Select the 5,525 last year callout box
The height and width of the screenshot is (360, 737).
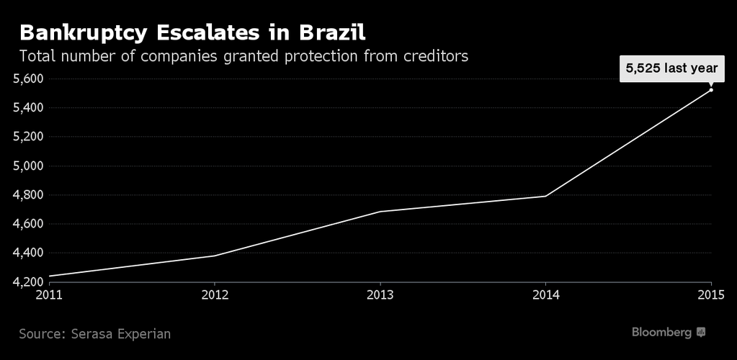(671, 68)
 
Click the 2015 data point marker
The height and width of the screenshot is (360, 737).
(711, 89)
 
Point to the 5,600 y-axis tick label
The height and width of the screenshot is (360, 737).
(29, 78)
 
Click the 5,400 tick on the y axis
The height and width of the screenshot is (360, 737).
(29, 108)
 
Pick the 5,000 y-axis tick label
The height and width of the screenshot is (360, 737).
(29, 166)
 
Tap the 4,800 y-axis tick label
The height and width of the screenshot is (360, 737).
(29, 195)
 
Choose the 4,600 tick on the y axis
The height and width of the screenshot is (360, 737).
(29, 224)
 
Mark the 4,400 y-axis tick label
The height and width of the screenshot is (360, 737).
(29, 253)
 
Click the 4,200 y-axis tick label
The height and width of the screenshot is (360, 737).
(29, 282)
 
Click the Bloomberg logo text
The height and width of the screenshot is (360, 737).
(662, 332)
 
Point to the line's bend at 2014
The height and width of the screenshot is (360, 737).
(545, 196)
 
